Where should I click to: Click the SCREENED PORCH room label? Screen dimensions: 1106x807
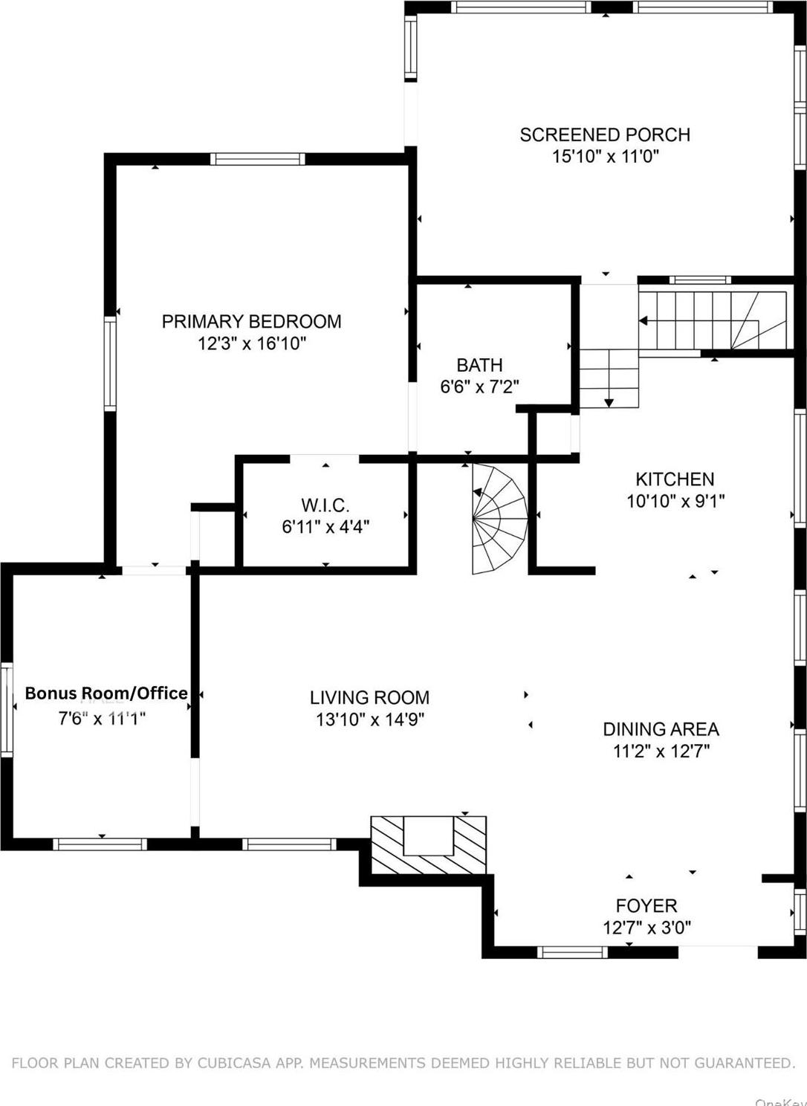[x=605, y=135]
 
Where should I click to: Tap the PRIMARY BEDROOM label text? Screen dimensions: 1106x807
[x=251, y=321]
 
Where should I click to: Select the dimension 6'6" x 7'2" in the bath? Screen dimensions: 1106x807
[x=479, y=387]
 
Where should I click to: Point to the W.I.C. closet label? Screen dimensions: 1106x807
[x=325, y=505]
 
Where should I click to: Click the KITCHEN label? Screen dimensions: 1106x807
[x=675, y=479]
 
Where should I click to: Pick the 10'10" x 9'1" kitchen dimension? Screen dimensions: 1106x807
[x=675, y=501]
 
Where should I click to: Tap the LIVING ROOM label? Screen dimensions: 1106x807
[x=369, y=698]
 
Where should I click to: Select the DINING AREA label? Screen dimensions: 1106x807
[x=661, y=729]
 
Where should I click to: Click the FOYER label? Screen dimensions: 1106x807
[x=646, y=905]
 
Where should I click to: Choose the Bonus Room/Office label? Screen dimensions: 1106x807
[x=106, y=693]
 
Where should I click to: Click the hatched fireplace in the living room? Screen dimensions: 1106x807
[x=429, y=846]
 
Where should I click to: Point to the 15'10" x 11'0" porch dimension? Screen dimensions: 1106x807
[x=605, y=156]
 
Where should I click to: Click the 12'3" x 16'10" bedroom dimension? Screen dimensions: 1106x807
[x=251, y=343]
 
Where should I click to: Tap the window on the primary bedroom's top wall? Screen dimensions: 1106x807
[x=257, y=158]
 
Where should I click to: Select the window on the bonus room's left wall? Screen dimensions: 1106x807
[x=7, y=710]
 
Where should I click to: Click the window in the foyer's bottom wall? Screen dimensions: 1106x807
[x=572, y=952]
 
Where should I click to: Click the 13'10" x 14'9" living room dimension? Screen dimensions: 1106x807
[x=369, y=719]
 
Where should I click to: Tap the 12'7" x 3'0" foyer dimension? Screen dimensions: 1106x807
[x=646, y=928]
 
